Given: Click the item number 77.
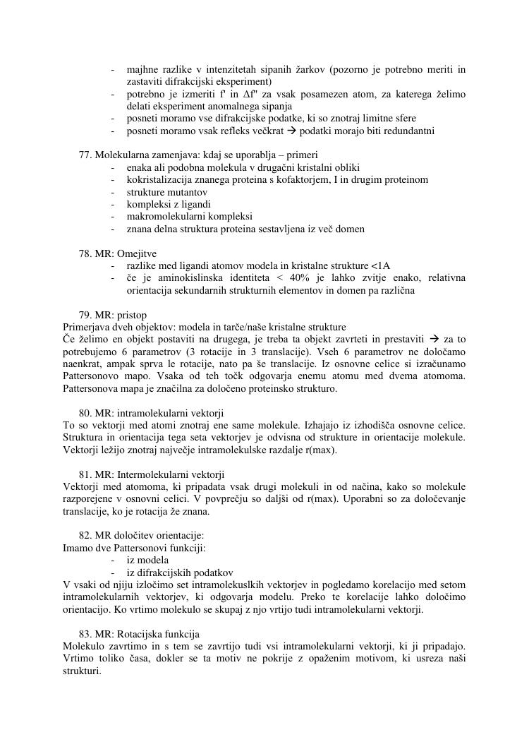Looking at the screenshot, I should click(x=85, y=155).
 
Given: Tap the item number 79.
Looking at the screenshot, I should click(x=85, y=315).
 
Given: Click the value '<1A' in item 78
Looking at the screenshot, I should click(x=380, y=266).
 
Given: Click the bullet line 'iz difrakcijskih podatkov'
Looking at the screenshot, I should click(x=180, y=573).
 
